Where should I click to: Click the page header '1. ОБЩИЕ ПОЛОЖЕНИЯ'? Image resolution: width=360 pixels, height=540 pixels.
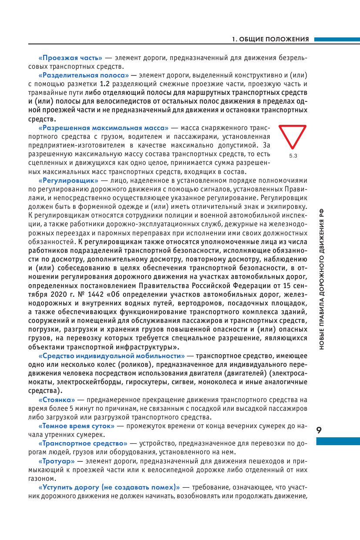point(270,39)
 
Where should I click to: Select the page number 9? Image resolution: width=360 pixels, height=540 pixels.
point(319,430)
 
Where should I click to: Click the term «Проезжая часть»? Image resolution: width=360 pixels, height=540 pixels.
point(71,58)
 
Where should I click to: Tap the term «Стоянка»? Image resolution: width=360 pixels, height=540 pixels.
point(57,399)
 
